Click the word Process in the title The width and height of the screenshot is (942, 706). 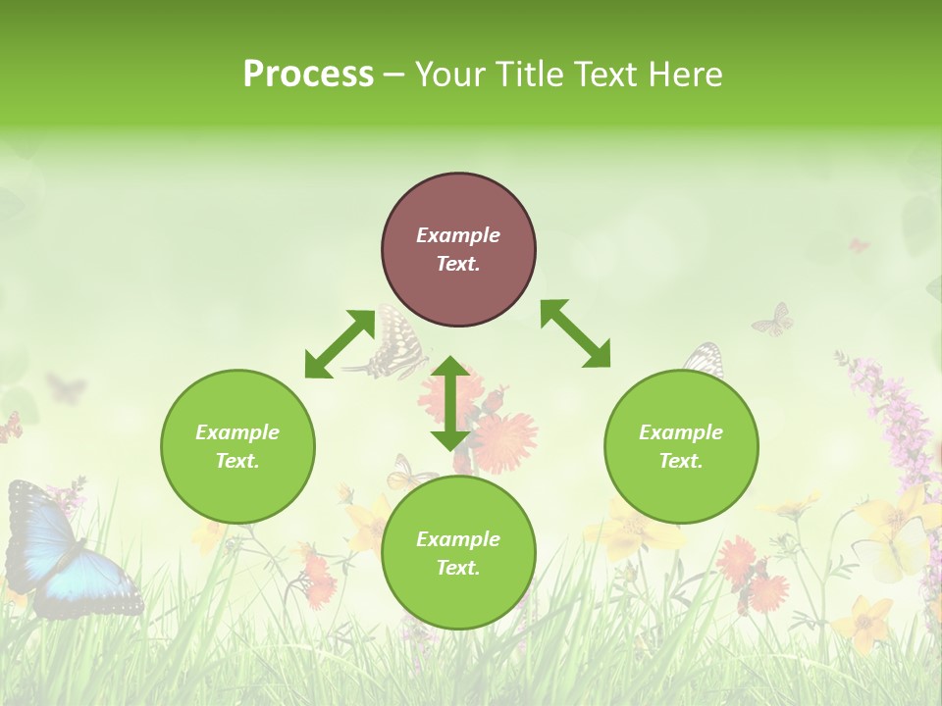[308, 74]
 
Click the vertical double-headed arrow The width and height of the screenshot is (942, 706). [450, 403]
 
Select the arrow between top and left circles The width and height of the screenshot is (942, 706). [340, 343]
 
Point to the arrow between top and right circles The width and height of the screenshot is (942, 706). [575, 333]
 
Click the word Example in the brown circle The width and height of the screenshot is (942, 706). [458, 235]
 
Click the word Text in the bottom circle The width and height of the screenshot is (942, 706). [456, 568]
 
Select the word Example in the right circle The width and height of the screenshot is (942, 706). [681, 432]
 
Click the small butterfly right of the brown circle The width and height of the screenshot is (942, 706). [773, 320]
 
